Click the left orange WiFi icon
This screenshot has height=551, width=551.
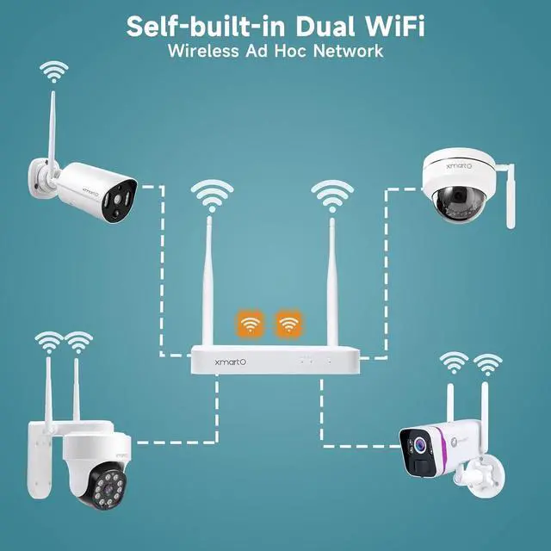pyautogui.click(x=251, y=325)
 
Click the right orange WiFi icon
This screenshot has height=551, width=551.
pyautogui.click(x=288, y=325)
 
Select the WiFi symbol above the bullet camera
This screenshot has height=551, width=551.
pyautogui.click(x=55, y=72)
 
